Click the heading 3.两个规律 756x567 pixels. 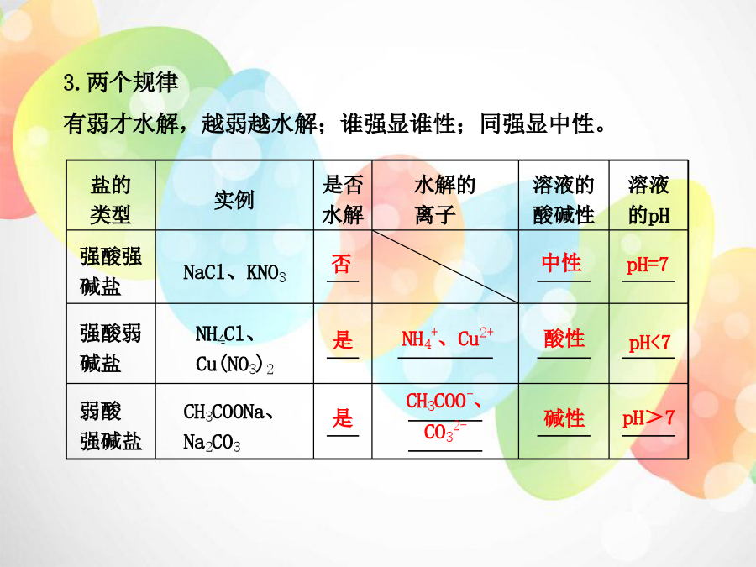(x=120, y=82)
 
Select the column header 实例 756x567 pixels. (x=234, y=200)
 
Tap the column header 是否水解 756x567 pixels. (x=343, y=200)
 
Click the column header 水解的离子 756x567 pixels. (x=444, y=200)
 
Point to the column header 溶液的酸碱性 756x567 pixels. (x=563, y=200)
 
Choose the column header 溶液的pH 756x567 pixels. (x=648, y=200)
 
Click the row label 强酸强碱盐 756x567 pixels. (x=110, y=271)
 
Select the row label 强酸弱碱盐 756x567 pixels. (x=110, y=348)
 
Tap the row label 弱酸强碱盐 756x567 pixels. (x=110, y=426)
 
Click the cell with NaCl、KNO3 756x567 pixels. (x=234, y=273)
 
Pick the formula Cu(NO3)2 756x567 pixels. (x=234, y=365)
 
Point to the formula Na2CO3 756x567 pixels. (x=212, y=442)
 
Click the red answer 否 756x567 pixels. (x=341, y=264)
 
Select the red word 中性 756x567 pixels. (x=562, y=263)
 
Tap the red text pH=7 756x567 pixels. (x=648, y=265)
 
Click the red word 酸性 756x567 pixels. (x=564, y=339)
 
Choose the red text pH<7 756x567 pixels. (x=649, y=343)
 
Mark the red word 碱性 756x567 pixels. (x=564, y=418)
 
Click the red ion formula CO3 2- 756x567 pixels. (x=445, y=432)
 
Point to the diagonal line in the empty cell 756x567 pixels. (x=445, y=266)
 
